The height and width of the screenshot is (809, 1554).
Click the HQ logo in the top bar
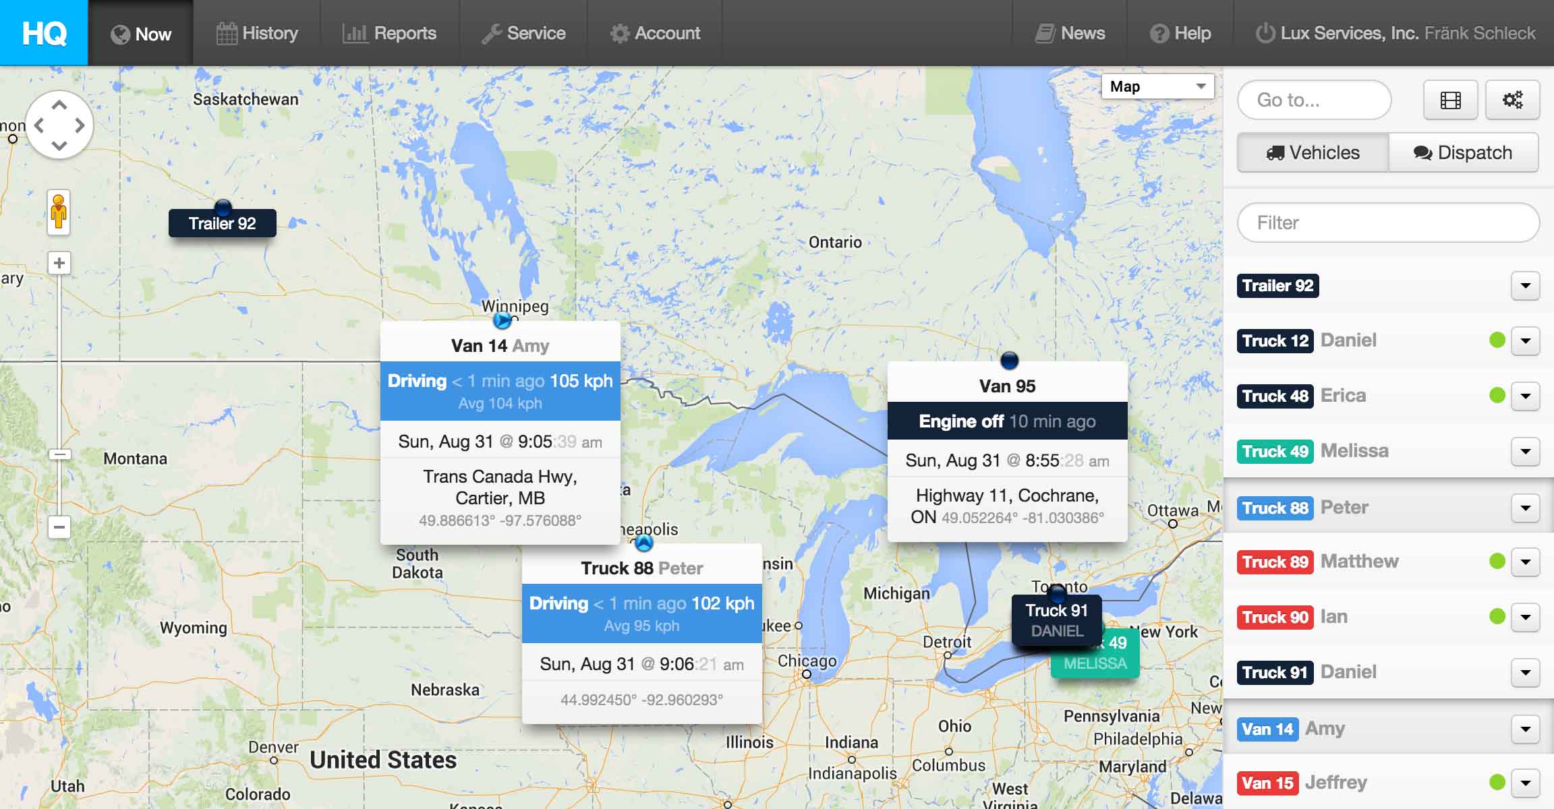(x=44, y=32)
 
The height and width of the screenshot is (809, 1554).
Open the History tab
(x=257, y=33)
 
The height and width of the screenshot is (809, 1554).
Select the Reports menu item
(x=390, y=33)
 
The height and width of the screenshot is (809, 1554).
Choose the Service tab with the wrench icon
(x=523, y=33)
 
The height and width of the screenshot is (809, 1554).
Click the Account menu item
(x=655, y=33)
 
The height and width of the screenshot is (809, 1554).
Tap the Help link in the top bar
(x=1180, y=33)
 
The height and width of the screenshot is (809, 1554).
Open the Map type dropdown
(x=1157, y=86)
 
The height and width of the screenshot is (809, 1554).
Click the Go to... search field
(x=1314, y=100)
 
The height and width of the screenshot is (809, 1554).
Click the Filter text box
(x=1388, y=223)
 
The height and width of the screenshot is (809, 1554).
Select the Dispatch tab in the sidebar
(x=1463, y=153)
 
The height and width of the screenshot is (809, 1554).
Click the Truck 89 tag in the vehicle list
(x=1275, y=562)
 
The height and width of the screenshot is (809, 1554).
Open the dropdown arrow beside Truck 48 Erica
(x=1525, y=396)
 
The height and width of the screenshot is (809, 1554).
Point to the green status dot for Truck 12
(x=1497, y=340)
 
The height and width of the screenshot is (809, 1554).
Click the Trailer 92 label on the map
(x=222, y=224)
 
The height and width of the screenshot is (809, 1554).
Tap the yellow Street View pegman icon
(x=59, y=212)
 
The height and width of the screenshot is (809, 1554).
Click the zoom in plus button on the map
(x=59, y=263)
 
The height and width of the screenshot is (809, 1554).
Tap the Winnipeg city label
(x=515, y=306)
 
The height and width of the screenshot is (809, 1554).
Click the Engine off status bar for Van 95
(x=1007, y=421)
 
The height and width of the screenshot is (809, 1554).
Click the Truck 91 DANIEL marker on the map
(x=1056, y=620)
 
